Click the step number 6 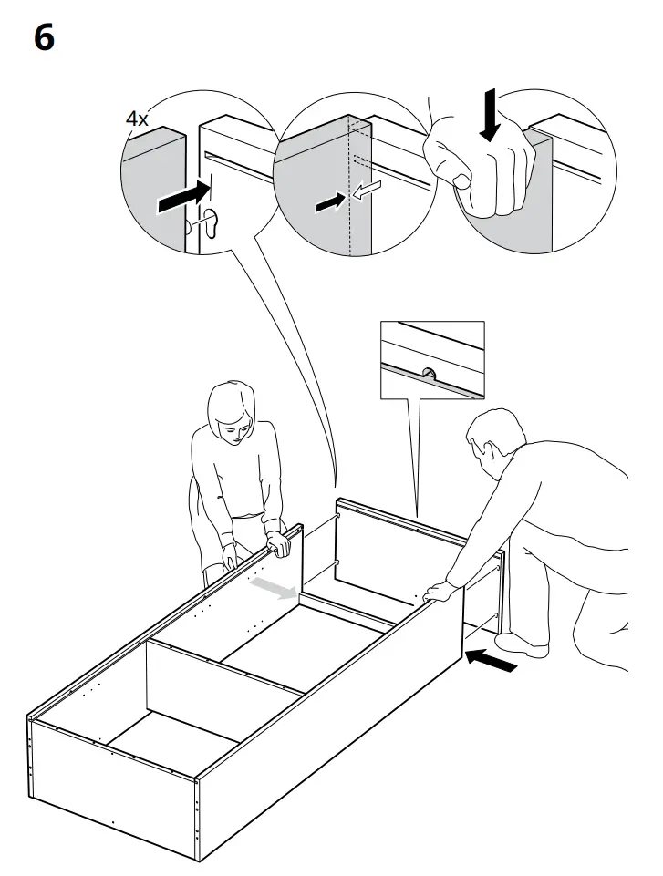click(44, 39)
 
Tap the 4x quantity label click(137, 119)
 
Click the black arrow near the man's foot click(491, 659)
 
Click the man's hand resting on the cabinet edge click(441, 592)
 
